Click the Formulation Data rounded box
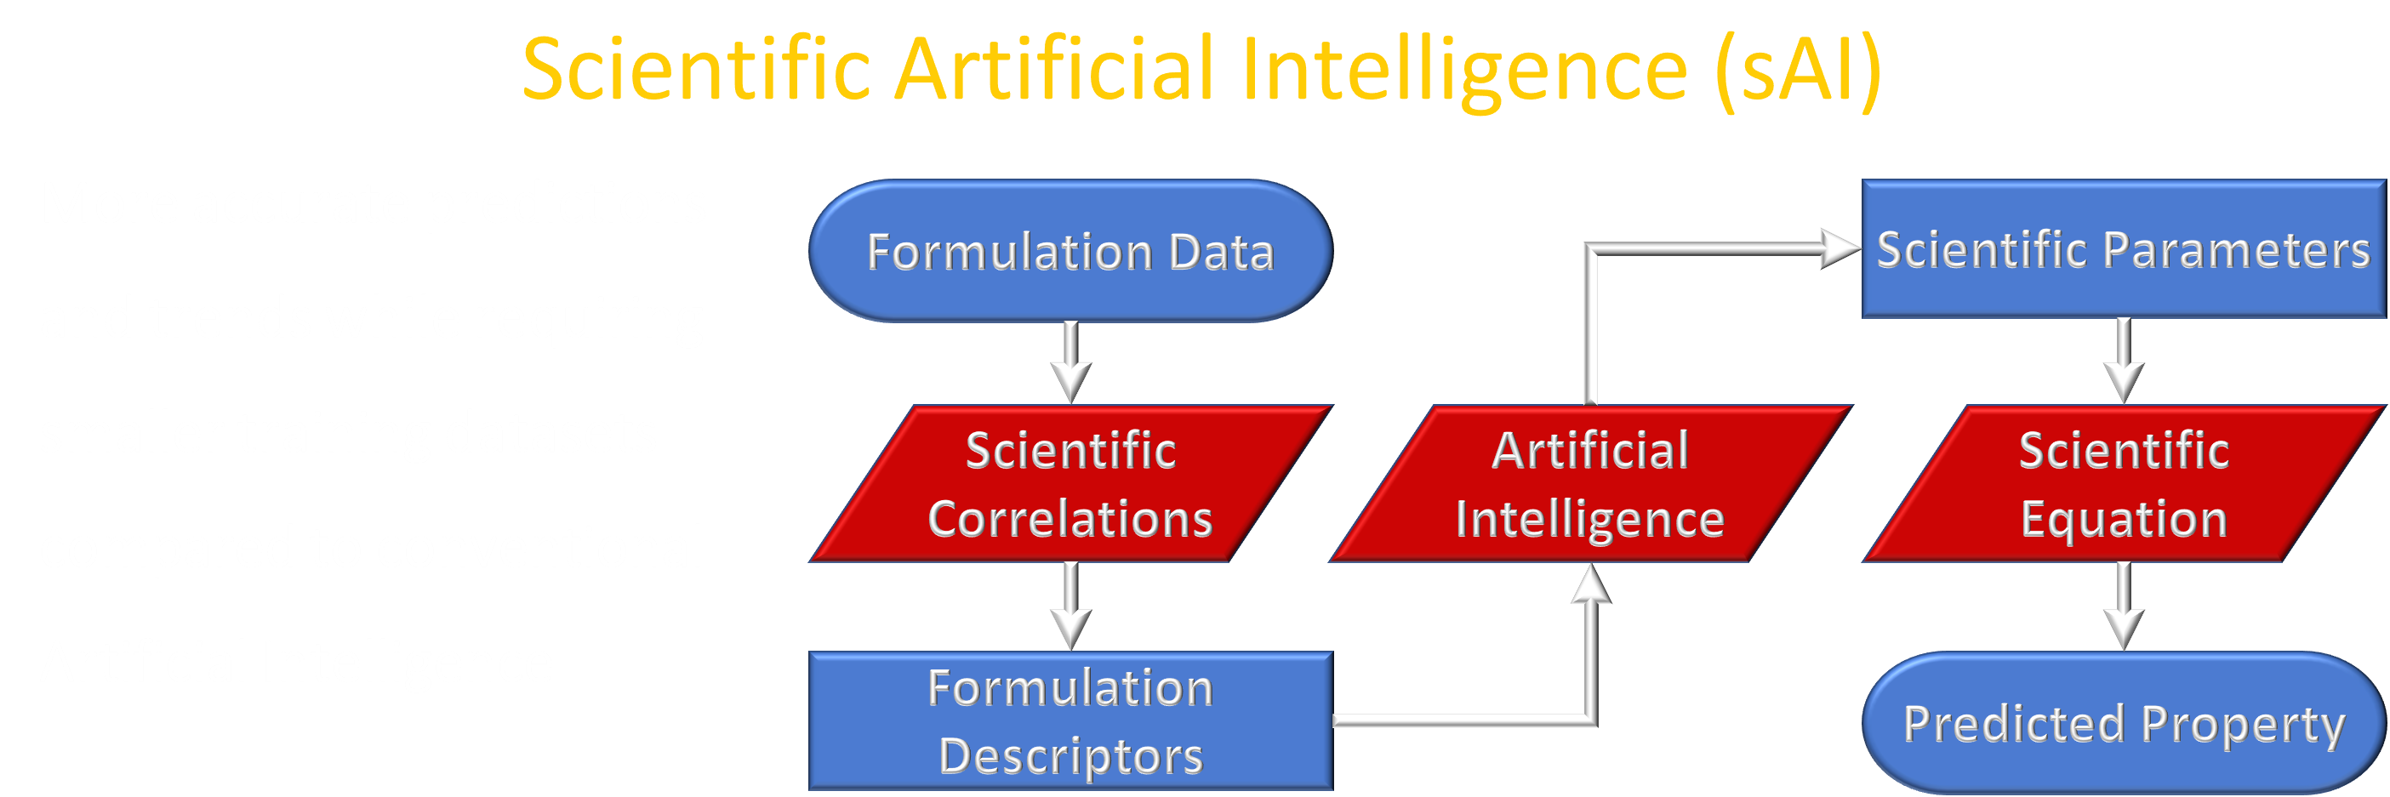(1070, 252)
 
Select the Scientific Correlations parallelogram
(1070, 483)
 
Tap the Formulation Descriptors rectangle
(1070, 721)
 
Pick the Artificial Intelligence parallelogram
(1590, 483)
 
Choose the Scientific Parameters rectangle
(2124, 248)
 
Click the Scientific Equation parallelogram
(2124, 483)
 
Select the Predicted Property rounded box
(2124, 723)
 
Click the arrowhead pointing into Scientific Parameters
(1840, 248)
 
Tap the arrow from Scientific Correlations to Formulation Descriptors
(1070, 606)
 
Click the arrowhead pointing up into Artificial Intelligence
(1591, 584)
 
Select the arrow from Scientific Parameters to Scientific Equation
(2124, 361)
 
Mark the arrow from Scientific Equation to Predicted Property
(2124, 606)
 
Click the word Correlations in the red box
(1070, 519)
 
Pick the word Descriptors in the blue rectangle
(1070, 756)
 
